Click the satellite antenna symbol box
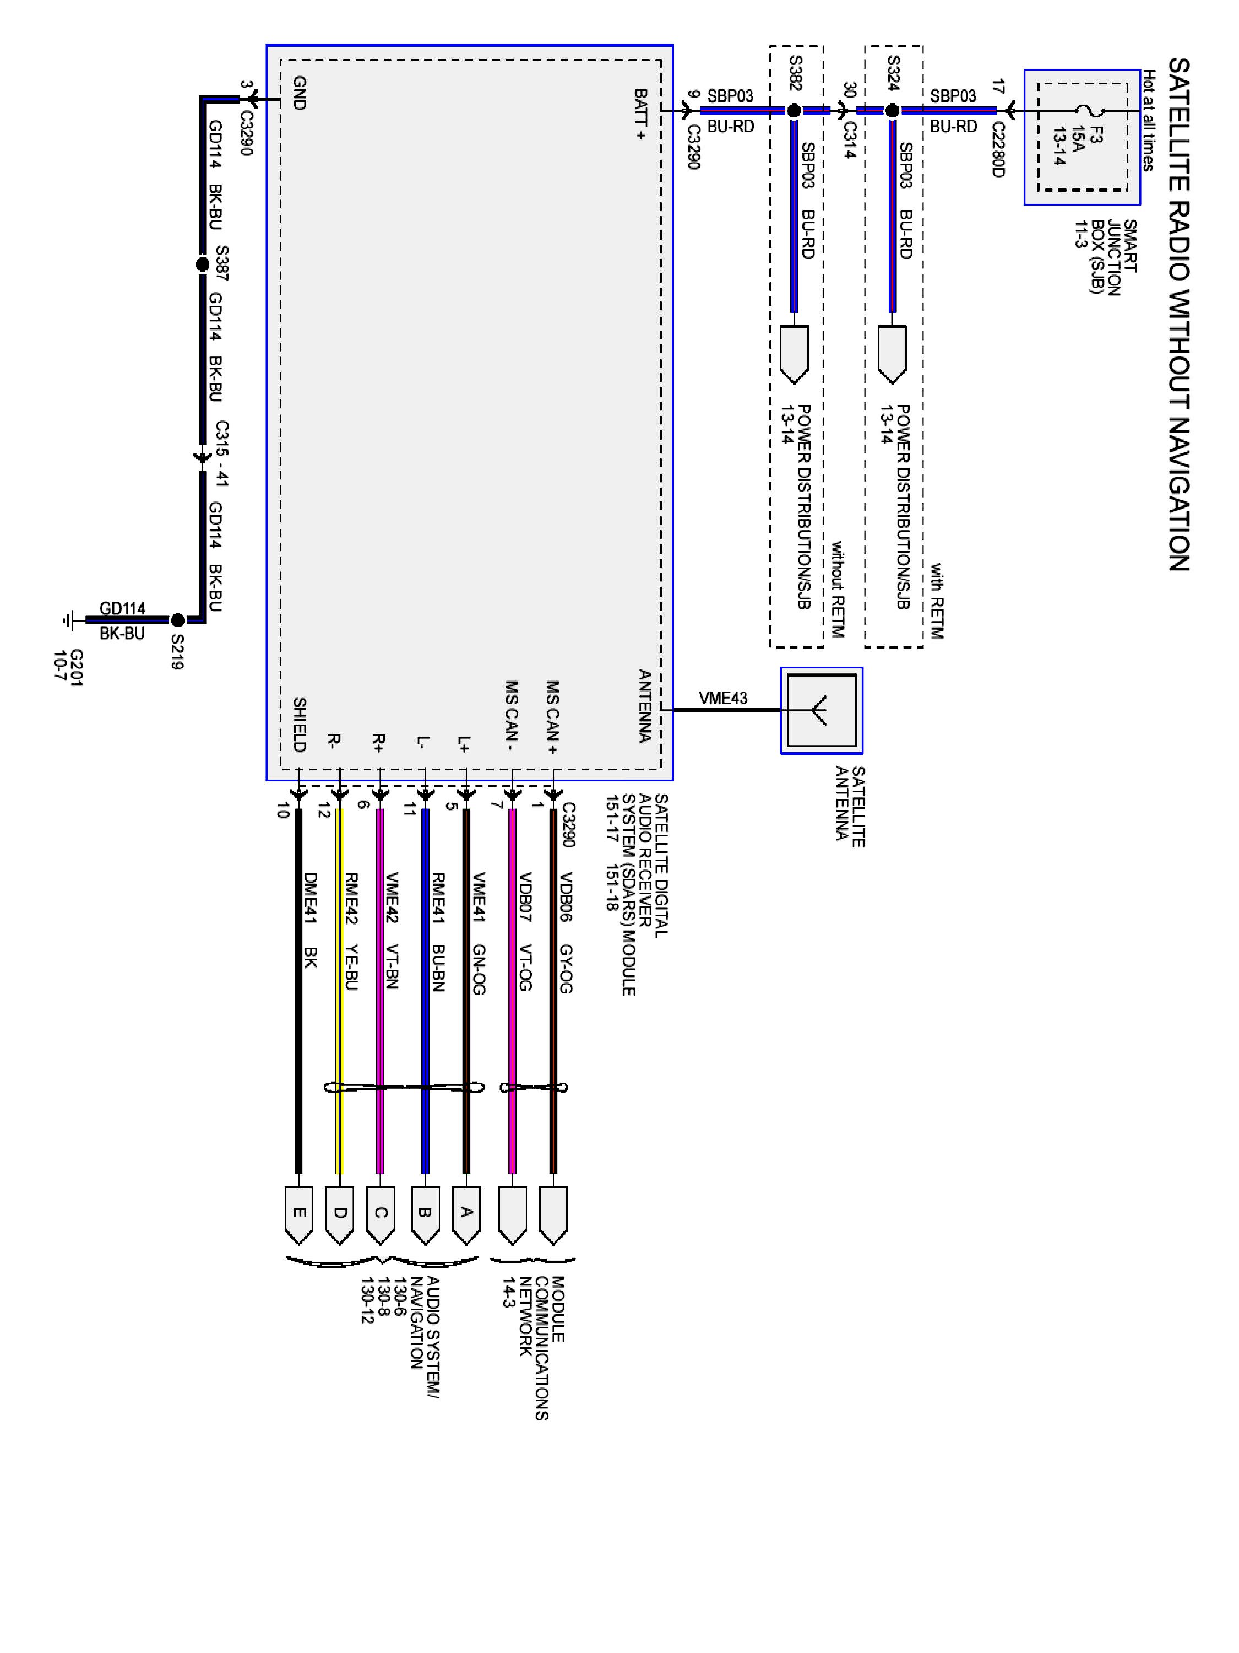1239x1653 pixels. [822, 710]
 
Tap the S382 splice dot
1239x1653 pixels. [794, 111]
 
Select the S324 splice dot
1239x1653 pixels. [892, 111]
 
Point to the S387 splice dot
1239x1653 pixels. [202, 264]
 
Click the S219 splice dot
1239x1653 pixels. [178, 620]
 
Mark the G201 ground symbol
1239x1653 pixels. [69, 620]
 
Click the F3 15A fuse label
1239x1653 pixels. [1078, 145]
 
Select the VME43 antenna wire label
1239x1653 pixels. [723, 698]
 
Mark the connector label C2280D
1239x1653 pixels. [998, 149]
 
